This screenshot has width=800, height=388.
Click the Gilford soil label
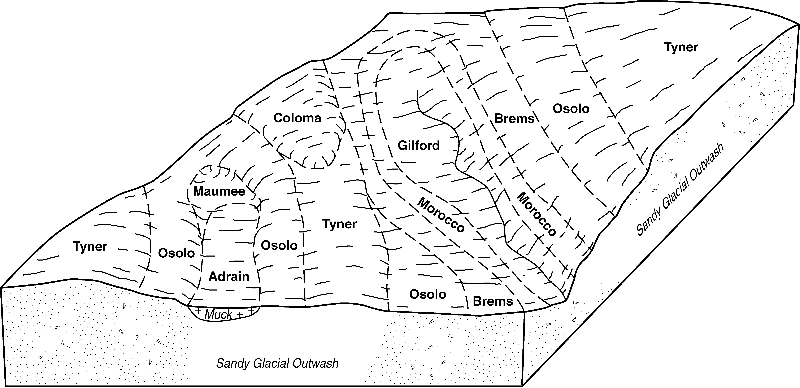[x=419, y=145]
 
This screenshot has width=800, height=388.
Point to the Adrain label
[x=229, y=276]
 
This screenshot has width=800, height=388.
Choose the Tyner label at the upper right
[x=681, y=47]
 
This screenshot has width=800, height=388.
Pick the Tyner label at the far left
[x=90, y=246]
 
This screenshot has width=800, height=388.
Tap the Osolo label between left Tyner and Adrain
[x=176, y=253]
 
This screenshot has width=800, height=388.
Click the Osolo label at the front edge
[x=428, y=294]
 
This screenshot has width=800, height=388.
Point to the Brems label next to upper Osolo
[x=514, y=119]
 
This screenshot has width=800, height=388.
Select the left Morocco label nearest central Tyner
[x=441, y=214]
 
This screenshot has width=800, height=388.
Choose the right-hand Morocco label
[x=536, y=214]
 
